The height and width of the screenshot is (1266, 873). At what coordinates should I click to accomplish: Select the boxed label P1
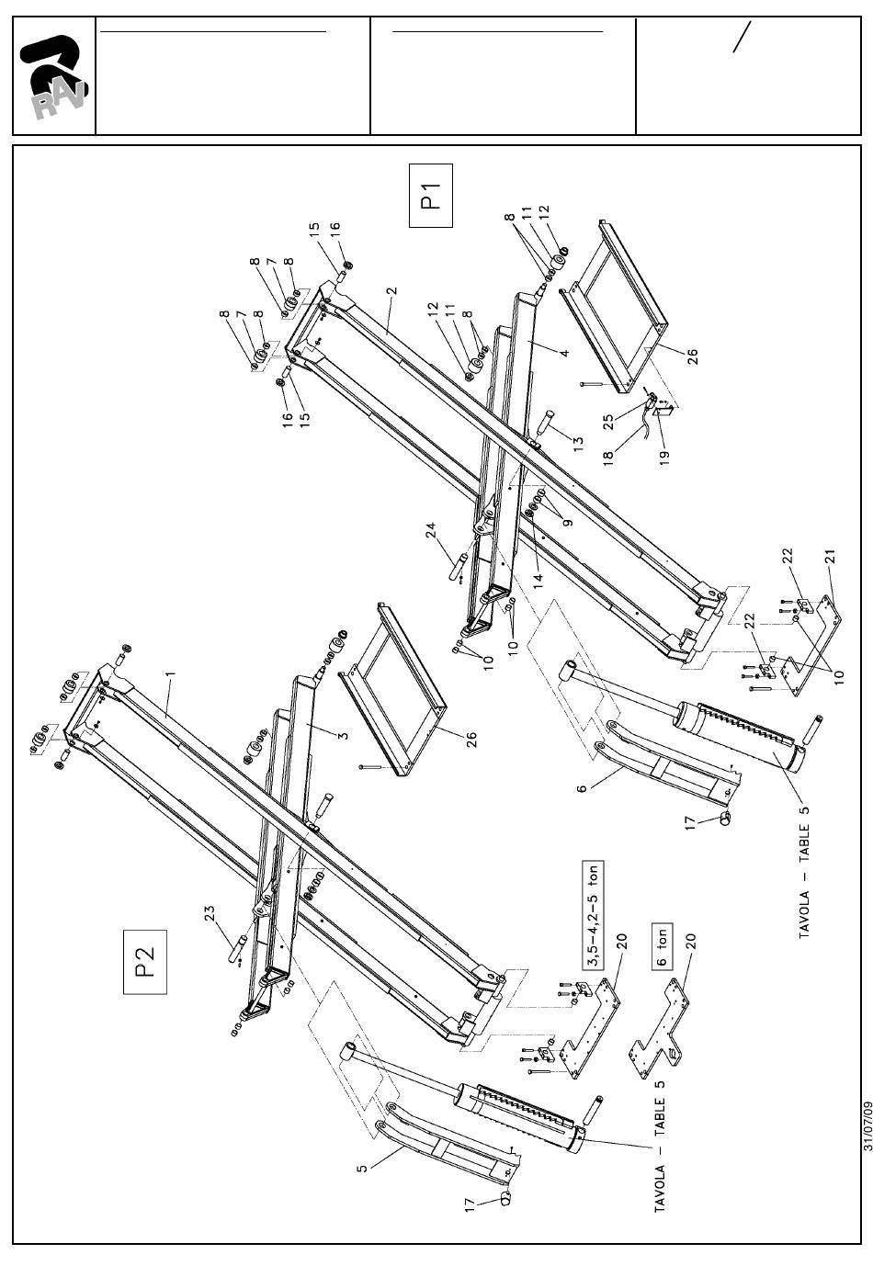431,195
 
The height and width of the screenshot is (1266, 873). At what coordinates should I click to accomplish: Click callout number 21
830,557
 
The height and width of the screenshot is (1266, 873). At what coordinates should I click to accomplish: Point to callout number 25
608,423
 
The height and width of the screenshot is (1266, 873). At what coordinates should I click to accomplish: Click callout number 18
608,458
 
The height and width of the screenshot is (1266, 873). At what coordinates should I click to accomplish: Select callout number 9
569,522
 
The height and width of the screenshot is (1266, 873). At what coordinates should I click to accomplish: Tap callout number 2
391,290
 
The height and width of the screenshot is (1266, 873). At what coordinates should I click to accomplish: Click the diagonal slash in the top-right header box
742,37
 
